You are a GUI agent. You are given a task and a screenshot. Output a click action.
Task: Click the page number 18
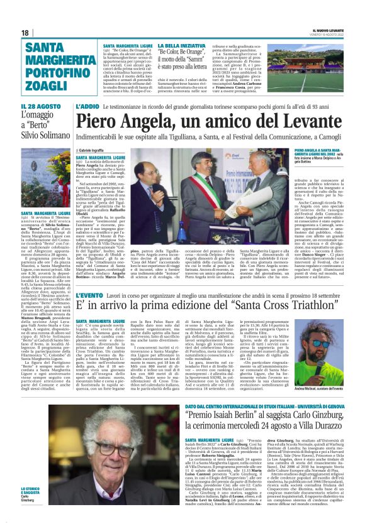pos(25,32)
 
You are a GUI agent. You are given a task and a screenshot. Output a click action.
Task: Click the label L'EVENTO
pos(89,295)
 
